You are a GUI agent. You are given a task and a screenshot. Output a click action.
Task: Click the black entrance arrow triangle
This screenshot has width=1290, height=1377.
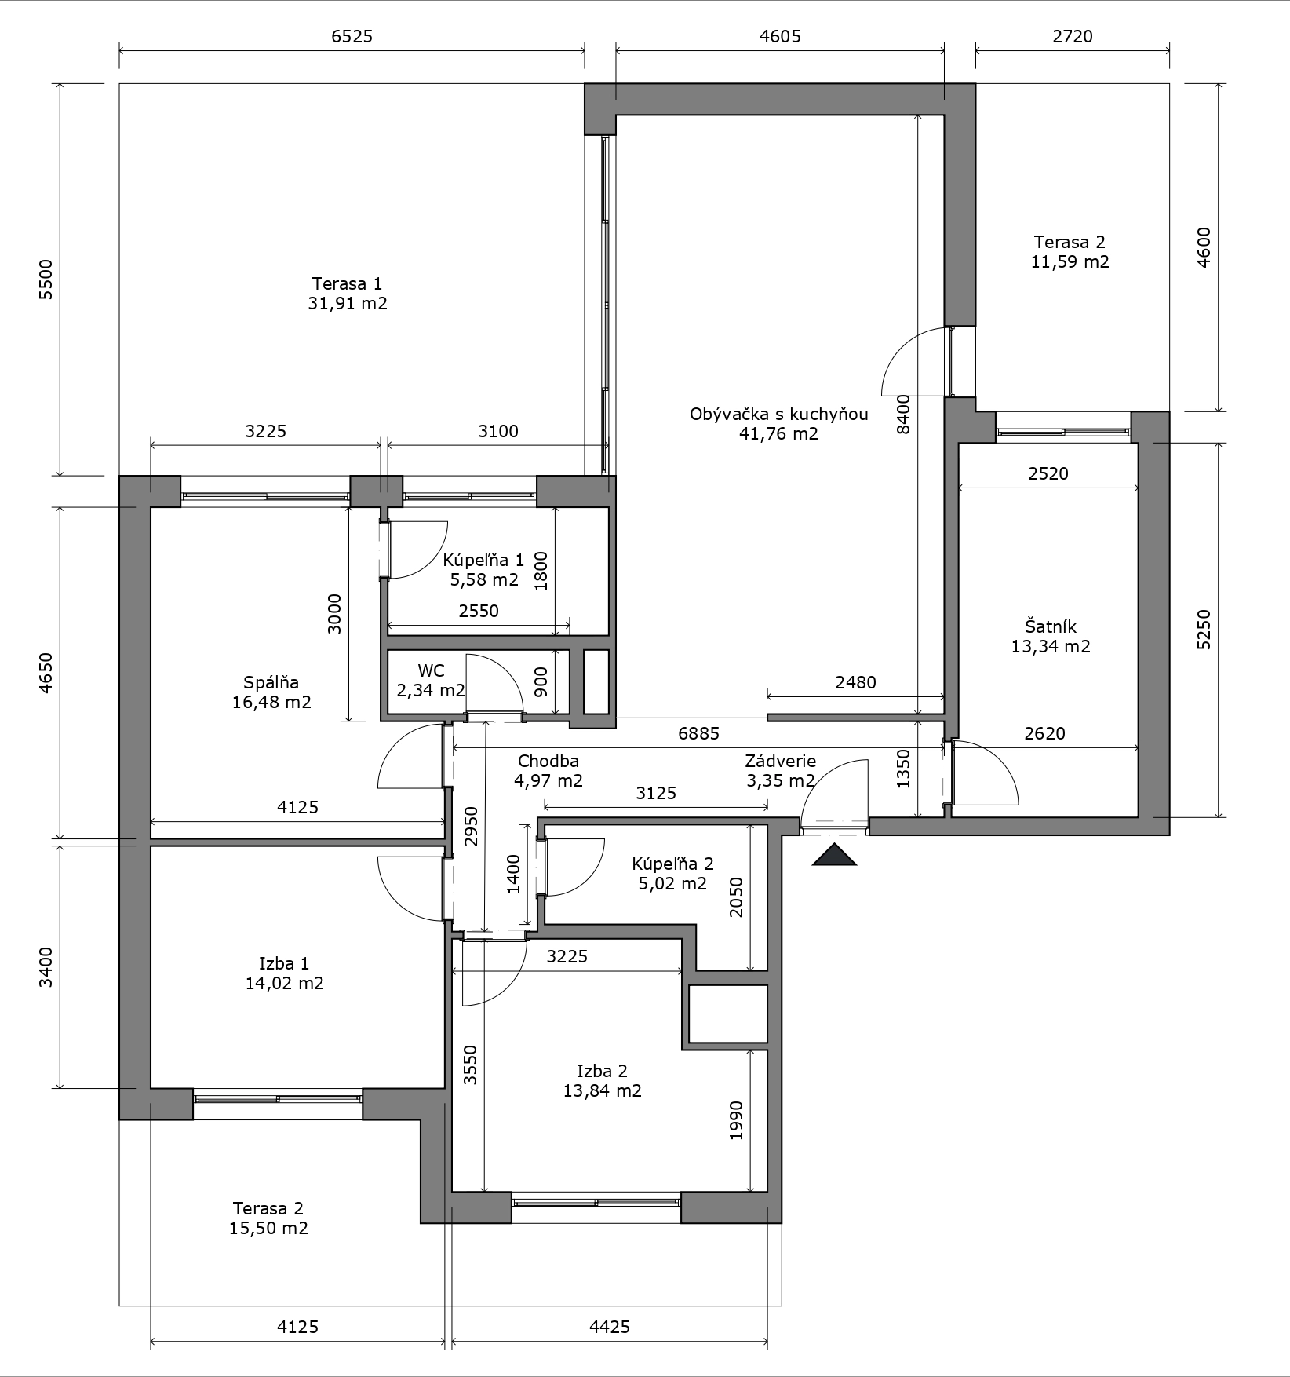(834, 855)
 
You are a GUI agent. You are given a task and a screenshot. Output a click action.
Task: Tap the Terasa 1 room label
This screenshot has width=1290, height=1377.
(348, 283)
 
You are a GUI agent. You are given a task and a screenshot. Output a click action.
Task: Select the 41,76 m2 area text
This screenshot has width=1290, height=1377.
(778, 433)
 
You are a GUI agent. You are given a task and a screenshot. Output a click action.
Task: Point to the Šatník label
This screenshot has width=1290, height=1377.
(1051, 626)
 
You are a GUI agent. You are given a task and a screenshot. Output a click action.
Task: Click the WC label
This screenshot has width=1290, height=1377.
(431, 670)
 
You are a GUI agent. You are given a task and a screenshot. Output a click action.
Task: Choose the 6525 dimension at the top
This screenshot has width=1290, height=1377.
(352, 36)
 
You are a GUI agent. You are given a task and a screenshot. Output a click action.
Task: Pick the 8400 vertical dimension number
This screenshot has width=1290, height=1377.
(904, 414)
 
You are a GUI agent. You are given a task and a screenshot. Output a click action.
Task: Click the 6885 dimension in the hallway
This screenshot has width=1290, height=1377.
(698, 733)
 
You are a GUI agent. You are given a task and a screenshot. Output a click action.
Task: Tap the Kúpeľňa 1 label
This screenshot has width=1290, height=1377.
(483, 561)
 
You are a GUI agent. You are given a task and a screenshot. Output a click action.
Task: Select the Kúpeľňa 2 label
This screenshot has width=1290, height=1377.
(672, 864)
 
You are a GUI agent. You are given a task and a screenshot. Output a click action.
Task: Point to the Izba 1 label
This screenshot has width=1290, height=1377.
(284, 963)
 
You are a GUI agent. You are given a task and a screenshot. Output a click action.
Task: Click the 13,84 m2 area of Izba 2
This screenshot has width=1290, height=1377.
(602, 1090)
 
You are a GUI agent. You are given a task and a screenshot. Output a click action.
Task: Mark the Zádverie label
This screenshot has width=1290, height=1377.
(780, 761)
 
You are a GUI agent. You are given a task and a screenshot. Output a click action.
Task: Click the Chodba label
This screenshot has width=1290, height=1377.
(548, 761)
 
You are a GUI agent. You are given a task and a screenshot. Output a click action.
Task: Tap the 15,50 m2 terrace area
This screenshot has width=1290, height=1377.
(268, 1228)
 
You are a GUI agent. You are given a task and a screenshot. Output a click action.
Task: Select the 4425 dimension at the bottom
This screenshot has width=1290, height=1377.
(610, 1327)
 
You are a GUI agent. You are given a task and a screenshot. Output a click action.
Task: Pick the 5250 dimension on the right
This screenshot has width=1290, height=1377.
(1204, 630)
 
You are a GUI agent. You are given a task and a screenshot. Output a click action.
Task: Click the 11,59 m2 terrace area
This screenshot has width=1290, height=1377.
(1070, 261)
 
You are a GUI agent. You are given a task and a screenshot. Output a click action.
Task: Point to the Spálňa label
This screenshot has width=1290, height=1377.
(271, 682)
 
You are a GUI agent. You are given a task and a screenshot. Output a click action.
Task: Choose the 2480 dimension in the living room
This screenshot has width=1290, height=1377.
(855, 682)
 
